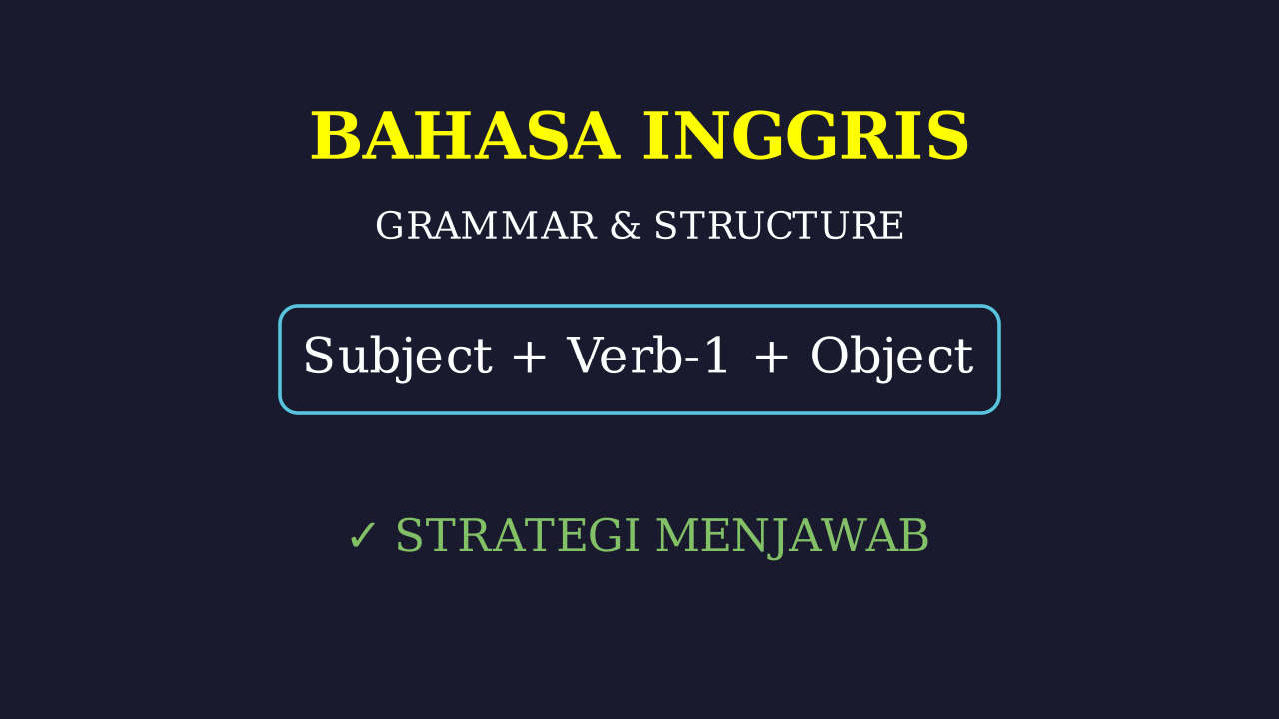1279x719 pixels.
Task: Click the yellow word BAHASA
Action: pos(465,136)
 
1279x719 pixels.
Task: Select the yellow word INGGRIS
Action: pos(805,136)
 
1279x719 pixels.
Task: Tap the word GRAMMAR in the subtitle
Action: pos(486,226)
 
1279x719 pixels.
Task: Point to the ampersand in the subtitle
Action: pos(626,226)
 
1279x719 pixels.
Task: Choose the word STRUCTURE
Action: pos(778,226)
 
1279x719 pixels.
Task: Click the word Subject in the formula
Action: pos(398,357)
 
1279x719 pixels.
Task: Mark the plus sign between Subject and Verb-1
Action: pos(529,357)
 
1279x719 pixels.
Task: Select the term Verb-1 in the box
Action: pos(646,355)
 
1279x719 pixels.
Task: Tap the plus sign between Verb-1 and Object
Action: pos(771,357)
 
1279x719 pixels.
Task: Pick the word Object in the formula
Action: pos(892,357)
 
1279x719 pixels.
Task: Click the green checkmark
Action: pos(362,536)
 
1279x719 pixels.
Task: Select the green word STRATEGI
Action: pos(517,535)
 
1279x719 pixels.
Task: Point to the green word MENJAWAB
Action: pos(792,536)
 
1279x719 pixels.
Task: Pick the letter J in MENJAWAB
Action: pos(778,538)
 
